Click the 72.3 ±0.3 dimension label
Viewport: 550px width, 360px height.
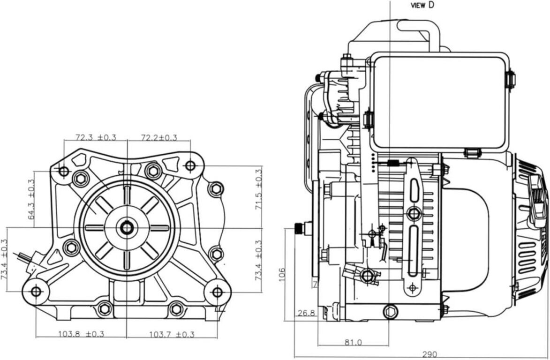click(x=96, y=137)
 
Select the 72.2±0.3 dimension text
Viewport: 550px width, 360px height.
click(x=159, y=137)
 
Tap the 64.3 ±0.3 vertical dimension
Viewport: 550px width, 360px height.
click(x=31, y=200)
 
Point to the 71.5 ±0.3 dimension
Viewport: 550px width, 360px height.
click(x=258, y=189)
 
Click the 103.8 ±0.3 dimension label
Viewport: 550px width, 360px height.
click(x=81, y=334)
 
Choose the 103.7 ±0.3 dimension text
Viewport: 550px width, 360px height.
click(x=172, y=334)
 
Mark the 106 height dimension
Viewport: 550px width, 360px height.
click(x=281, y=274)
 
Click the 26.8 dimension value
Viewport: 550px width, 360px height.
click(x=306, y=313)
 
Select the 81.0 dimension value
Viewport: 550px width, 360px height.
click(x=353, y=342)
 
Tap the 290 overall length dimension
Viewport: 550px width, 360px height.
click(x=429, y=354)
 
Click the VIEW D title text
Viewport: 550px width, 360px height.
click(x=422, y=5)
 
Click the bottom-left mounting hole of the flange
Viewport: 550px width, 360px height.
click(x=36, y=291)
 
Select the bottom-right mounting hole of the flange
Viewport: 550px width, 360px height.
click(x=217, y=292)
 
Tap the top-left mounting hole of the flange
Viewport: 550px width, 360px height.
click(x=64, y=172)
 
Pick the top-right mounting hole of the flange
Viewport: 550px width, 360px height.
click(x=190, y=165)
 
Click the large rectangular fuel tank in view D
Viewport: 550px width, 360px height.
click(x=439, y=102)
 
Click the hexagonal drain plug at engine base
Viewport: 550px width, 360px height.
click(x=391, y=311)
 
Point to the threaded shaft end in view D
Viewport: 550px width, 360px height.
click(x=299, y=229)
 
